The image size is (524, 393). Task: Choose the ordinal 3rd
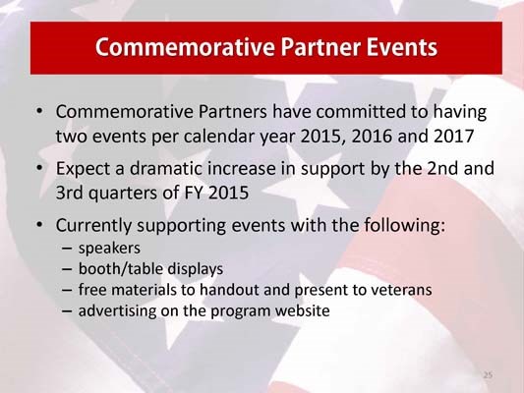pyautogui.click(x=71, y=192)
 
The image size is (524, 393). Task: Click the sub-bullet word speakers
pyautogui.click(x=107, y=248)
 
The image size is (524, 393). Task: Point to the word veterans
pyautogui.click(x=403, y=290)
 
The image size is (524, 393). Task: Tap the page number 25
pyautogui.click(x=488, y=374)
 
